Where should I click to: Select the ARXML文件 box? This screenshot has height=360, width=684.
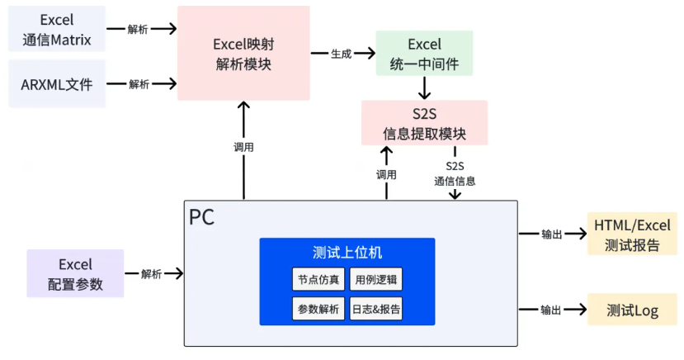pyautogui.click(x=56, y=83)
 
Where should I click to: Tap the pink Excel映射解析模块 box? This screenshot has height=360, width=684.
pyautogui.click(x=243, y=53)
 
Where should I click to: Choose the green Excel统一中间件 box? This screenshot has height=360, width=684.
pyautogui.click(x=424, y=53)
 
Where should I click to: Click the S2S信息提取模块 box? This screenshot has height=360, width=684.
pyautogui.click(x=424, y=123)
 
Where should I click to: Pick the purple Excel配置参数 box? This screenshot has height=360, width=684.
pyautogui.click(x=75, y=273)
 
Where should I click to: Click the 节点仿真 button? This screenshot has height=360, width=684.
pyautogui.click(x=318, y=279)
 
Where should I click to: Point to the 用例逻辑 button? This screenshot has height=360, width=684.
pyautogui.click(x=376, y=279)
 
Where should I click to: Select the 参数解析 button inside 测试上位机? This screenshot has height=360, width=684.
pyautogui.click(x=318, y=310)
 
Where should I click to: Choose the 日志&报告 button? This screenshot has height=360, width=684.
pyautogui.click(x=376, y=310)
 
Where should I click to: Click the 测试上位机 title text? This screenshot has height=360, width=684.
pyautogui.click(x=347, y=253)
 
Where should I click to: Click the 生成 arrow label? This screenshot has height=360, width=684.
pyautogui.click(x=342, y=54)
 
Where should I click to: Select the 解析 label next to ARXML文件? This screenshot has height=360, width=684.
pyautogui.click(x=139, y=83)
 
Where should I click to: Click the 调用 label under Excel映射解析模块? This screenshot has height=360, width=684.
pyautogui.click(x=243, y=147)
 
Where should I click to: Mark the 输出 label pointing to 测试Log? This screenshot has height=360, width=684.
pyautogui.click(x=552, y=310)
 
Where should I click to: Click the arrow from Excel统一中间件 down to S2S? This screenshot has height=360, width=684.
pyautogui.click(x=424, y=88)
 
